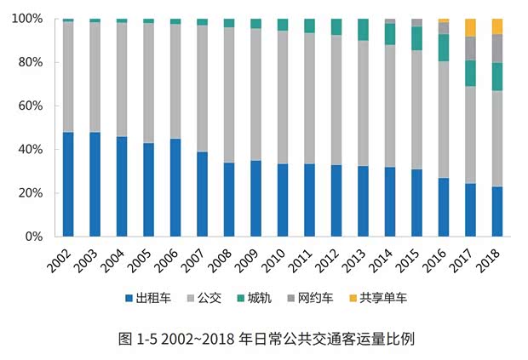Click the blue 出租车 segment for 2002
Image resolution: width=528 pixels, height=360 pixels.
tap(68, 184)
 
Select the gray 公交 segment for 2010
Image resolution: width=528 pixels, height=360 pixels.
tap(283, 97)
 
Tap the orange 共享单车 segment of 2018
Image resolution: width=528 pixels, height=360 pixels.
tap(497, 26)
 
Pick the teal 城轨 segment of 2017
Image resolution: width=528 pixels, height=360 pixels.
tap(471, 73)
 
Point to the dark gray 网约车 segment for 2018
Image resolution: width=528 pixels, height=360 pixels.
tap(497, 49)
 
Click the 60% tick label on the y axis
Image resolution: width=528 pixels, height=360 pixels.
tap(32, 106)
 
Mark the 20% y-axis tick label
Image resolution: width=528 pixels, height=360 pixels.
tap(32, 193)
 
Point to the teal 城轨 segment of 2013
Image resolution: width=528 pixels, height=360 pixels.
tap(364, 30)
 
